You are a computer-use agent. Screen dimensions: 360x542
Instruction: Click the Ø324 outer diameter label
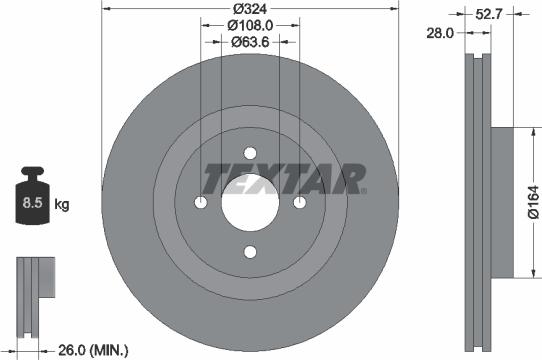pyautogui.click(x=251, y=9)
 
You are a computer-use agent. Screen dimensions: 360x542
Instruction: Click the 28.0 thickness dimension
pyautogui.click(x=440, y=33)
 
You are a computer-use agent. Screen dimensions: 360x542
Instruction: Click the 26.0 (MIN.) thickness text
pyautogui.click(x=92, y=349)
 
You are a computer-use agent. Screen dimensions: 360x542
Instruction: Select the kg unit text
pyautogui.click(x=62, y=206)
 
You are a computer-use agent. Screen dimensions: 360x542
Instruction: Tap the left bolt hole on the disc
pyautogui.click(x=201, y=203)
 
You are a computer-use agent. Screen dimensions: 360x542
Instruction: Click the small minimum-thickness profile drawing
pyautogui.click(x=34, y=285)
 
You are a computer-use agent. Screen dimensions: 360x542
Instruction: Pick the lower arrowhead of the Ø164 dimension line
pyautogui.click(x=521, y=274)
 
